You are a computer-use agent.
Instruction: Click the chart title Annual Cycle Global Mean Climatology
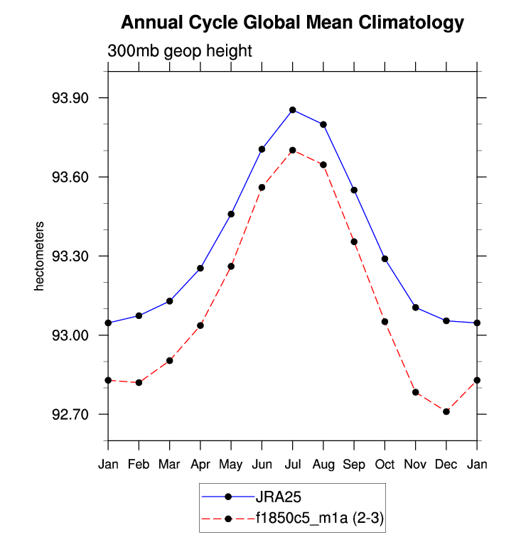(292, 23)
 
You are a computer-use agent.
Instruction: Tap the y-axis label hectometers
(41, 256)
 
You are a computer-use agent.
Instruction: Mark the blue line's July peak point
(292, 109)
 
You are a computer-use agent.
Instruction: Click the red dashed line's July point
(292, 150)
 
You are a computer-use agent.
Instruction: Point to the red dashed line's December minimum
(446, 411)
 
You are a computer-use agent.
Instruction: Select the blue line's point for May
(231, 214)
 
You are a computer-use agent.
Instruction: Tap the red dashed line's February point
(139, 383)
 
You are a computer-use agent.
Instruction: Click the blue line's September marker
(354, 190)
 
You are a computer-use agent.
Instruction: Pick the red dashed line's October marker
(385, 322)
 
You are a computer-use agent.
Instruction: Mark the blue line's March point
(169, 301)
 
